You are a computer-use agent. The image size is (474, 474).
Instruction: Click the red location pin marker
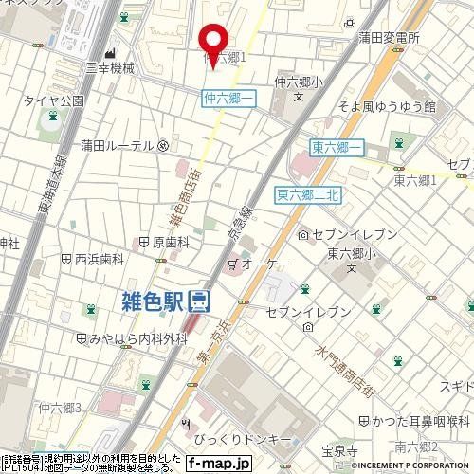point(213,41)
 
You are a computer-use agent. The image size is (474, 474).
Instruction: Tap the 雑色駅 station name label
point(152,301)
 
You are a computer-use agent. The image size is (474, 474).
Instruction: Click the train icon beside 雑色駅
point(199,301)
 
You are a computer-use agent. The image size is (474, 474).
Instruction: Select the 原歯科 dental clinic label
point(171,243)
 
